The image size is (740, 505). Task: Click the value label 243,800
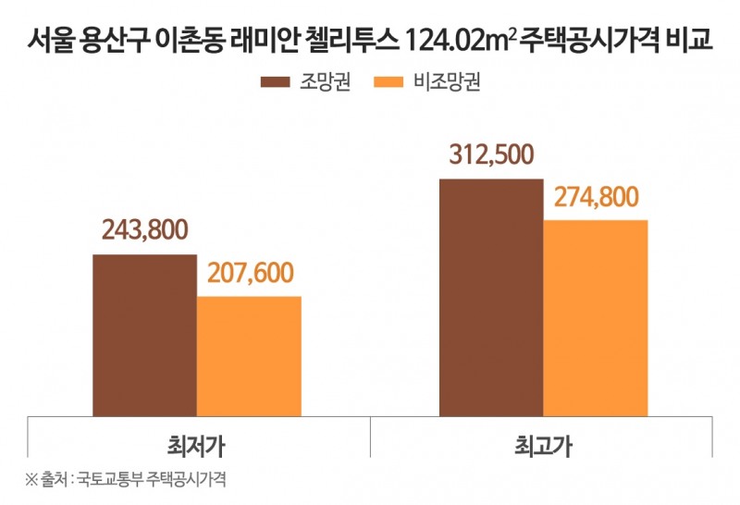[x=144, y=228]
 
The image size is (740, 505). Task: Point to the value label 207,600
[x=249, y=273]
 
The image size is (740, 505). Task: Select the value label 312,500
[x=491, y=154]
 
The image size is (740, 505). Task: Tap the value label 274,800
[x=596, y=196]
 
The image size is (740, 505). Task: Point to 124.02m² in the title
[x=462, y=41]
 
